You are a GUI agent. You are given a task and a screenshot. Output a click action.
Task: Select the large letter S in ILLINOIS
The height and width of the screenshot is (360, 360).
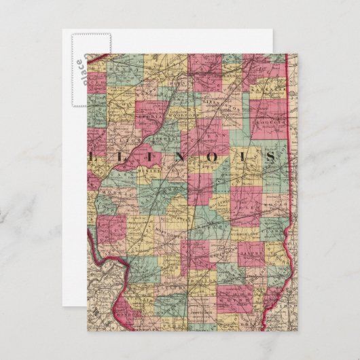pyautogui.click(x=271, y=157)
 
